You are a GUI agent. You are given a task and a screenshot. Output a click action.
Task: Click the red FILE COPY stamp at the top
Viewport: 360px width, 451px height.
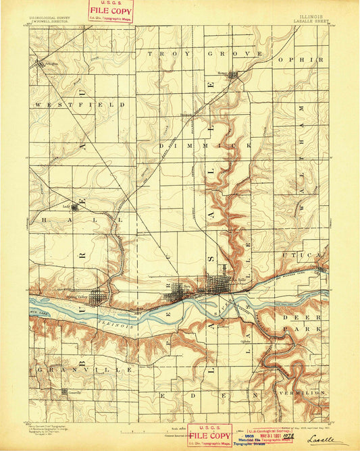click(x=111, y=11)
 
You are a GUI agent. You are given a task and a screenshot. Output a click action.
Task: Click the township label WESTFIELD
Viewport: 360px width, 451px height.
click(x=81, y=105)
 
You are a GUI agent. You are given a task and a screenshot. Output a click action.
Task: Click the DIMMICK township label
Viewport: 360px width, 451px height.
click(x=205, y=145)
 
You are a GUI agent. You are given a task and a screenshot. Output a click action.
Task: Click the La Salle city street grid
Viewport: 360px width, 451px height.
click(x=217, y=284)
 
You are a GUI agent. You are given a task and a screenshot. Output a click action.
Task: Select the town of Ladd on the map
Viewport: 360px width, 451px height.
click(x=74, y=207)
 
